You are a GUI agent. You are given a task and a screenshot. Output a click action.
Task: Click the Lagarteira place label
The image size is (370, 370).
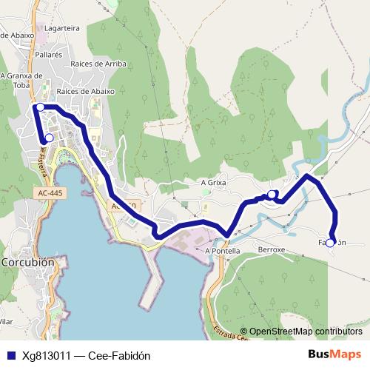pyautogui.click(x=62, y=27)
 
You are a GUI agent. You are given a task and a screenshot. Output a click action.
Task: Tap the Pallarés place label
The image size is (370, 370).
pyautogui.click(x=48, y=55)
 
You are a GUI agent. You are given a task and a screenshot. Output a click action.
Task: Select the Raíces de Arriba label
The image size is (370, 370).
pyautogui.click(x=98, y=64)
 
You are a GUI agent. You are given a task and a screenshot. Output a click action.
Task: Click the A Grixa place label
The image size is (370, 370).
pyautogui.click(x=213, y=181)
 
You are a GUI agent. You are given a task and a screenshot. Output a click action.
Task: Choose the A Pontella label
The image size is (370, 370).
pyautogui.click(x=223, y=250)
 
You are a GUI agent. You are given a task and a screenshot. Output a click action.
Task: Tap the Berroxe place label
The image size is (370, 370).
pyautogui.click(x=271, y=250)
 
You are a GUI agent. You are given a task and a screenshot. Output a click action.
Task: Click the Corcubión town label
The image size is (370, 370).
pyautogui.click(x=28, y=262)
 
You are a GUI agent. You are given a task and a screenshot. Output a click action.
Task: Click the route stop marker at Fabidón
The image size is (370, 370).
pyautogui.click(x=332, y=240)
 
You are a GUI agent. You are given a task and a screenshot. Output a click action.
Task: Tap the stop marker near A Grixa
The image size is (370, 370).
pyautogui.click(x=272, y=195)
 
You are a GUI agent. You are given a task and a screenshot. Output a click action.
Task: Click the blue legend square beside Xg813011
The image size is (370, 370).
pyautogui.click(x=10, y=355)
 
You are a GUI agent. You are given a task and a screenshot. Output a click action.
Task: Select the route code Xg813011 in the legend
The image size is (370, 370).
pyautogui.click(x=47, y=355)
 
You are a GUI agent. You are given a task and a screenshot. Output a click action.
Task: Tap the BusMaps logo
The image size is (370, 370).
pyautogui.click(x=334, y=354)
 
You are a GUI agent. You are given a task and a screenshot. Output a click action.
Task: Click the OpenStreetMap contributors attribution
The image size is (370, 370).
pyautogui.click(x=305, y=332)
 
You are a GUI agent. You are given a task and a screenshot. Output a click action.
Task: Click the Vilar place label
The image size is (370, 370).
pyautogui.click(x=6, y=321)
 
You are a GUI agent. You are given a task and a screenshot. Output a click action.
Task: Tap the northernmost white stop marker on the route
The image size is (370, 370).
pyautogui.click(x=40, y=107)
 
